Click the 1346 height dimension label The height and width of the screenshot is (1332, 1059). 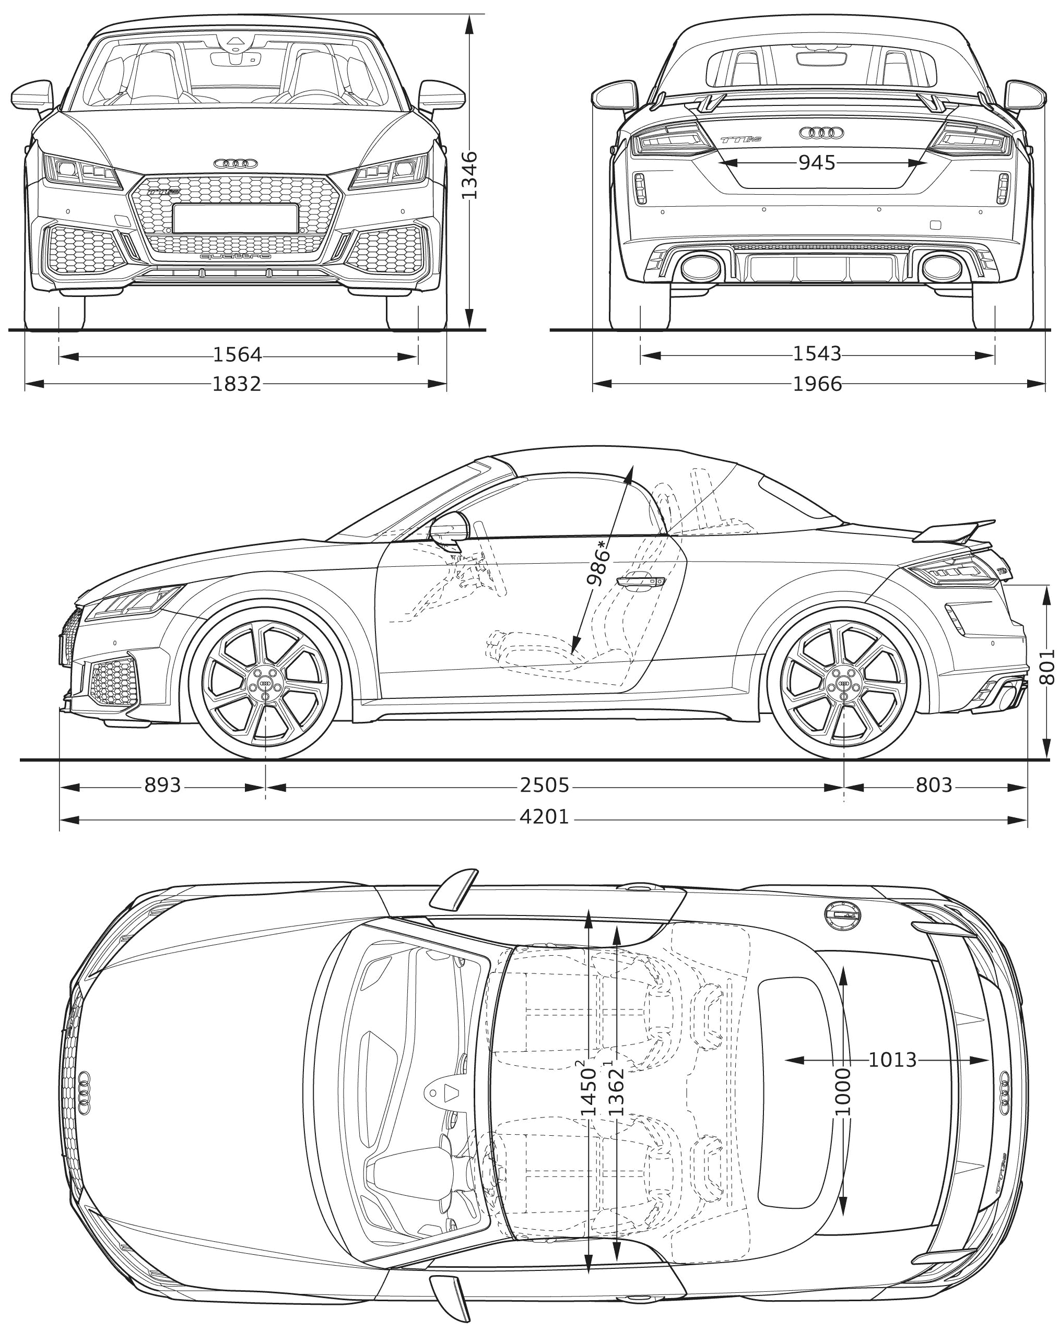[469, 175]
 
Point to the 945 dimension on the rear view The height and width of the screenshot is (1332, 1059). [817, 163]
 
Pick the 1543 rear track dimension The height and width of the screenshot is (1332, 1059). [817, 354]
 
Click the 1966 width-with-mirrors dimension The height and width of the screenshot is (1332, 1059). [817, 384]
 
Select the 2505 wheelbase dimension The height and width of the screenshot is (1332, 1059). [544, 785]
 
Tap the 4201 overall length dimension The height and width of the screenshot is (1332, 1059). [544, 817]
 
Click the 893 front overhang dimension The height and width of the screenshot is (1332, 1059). [162, 785]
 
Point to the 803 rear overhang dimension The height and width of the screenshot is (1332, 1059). [934, 785]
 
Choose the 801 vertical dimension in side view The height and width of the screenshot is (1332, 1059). [1046, 667]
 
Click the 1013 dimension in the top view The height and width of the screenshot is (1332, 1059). [892, 1060]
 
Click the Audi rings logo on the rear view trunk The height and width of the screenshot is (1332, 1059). [821, 132]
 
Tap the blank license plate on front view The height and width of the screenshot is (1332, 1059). [235, 219]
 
